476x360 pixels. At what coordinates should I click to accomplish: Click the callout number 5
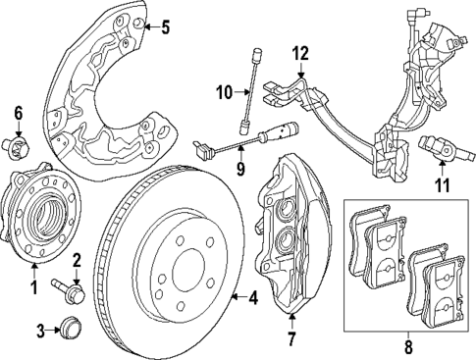tap(164, 26)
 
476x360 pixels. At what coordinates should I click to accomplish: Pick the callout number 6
tap(16, 115)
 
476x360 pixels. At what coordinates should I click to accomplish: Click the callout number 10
tap(223, 93)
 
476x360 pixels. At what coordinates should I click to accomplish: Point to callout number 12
tap(299, 52)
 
